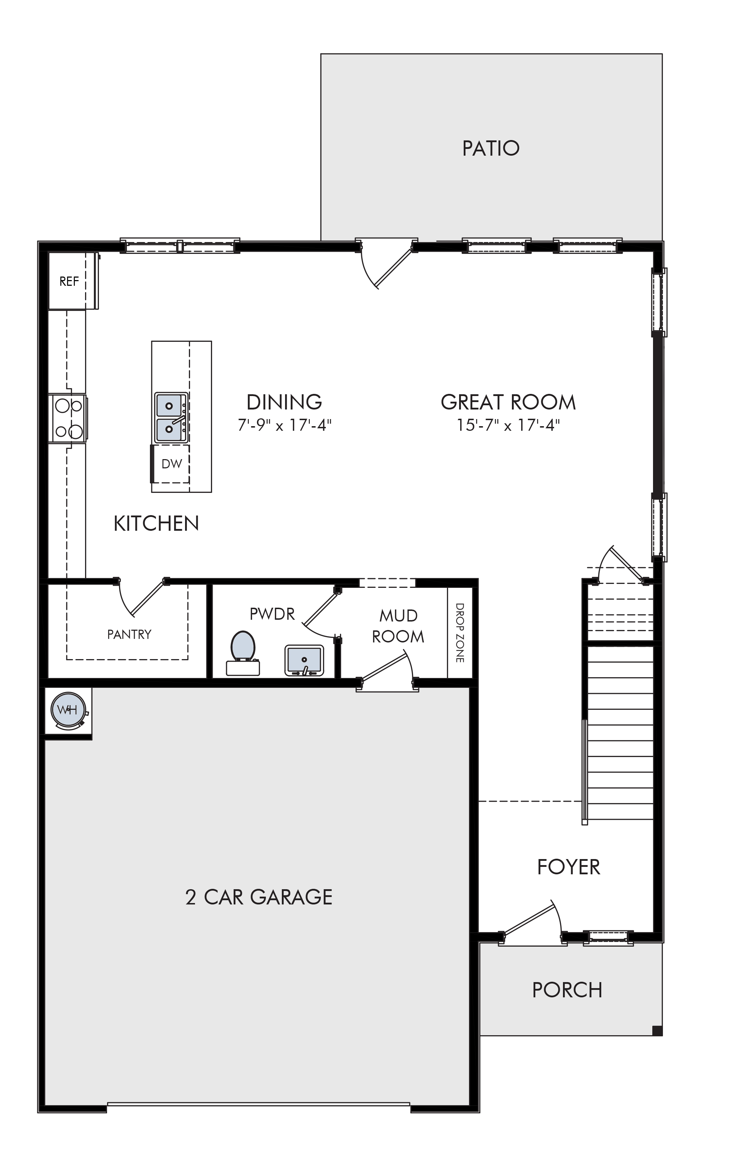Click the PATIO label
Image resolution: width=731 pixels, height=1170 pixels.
[491, 149]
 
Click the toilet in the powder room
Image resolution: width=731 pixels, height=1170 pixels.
[243, 653]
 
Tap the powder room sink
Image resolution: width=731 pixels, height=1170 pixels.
[304, 660]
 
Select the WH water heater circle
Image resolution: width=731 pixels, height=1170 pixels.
[68, 710]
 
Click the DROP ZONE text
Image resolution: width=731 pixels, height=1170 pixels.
[460, 633]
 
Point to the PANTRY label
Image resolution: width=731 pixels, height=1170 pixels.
[129, 634]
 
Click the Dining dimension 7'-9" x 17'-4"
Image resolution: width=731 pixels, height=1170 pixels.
[284, 425]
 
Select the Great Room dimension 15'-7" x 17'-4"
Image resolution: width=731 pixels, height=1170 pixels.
[508, 425]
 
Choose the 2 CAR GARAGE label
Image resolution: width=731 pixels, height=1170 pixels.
[259, 897]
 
